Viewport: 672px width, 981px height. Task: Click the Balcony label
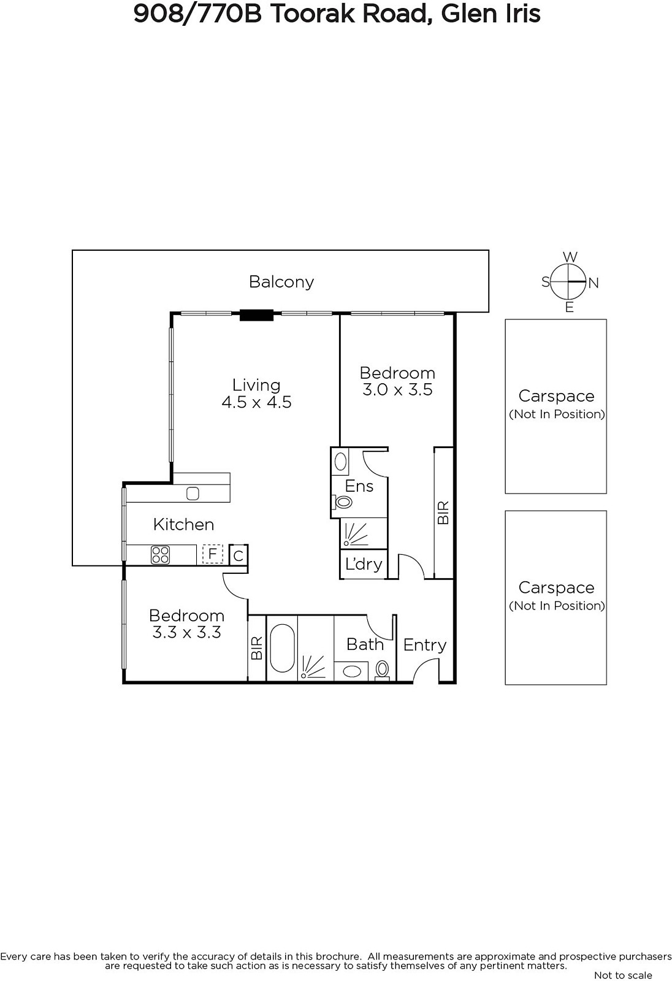[281, 282]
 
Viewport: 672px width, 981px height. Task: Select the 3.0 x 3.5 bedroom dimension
[398, 389]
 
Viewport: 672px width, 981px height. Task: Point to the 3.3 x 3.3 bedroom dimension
[186, 632]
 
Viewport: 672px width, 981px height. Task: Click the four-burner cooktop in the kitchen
[160, 555]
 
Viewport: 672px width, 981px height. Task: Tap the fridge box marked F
[213, 554]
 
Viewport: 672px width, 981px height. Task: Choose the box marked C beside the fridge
[239, 555]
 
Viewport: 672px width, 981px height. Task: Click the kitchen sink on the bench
[193, 494]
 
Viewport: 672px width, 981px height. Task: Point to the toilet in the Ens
[342, 502]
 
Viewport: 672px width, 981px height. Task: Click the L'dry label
[364, 564]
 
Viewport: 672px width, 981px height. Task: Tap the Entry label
[424, 645]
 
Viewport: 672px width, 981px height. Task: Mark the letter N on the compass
[594, 283]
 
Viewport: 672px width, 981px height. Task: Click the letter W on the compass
[570, 257]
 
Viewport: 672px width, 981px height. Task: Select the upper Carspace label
[556, 396]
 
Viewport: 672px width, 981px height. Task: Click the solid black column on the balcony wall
[257, 315]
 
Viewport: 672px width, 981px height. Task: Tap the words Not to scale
[623, 975]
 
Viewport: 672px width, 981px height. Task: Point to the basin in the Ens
[340, 461]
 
